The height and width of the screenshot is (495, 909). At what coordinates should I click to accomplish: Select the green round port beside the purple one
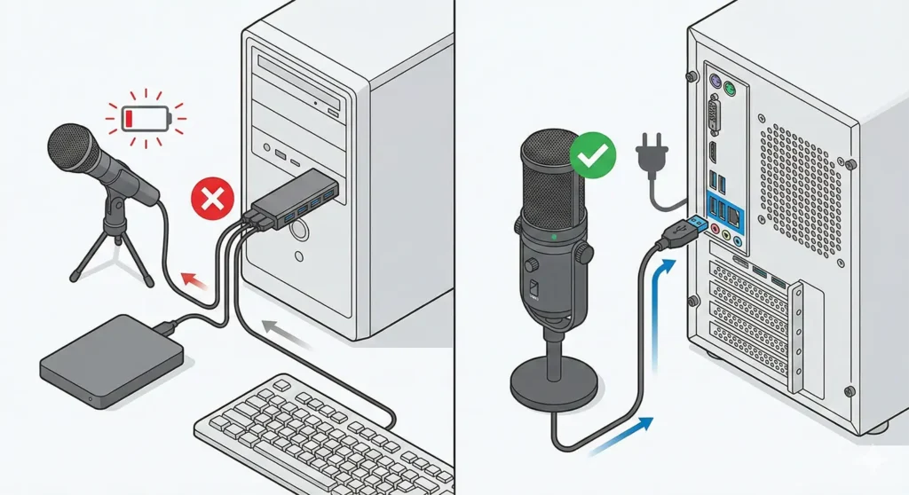[731, 89]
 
